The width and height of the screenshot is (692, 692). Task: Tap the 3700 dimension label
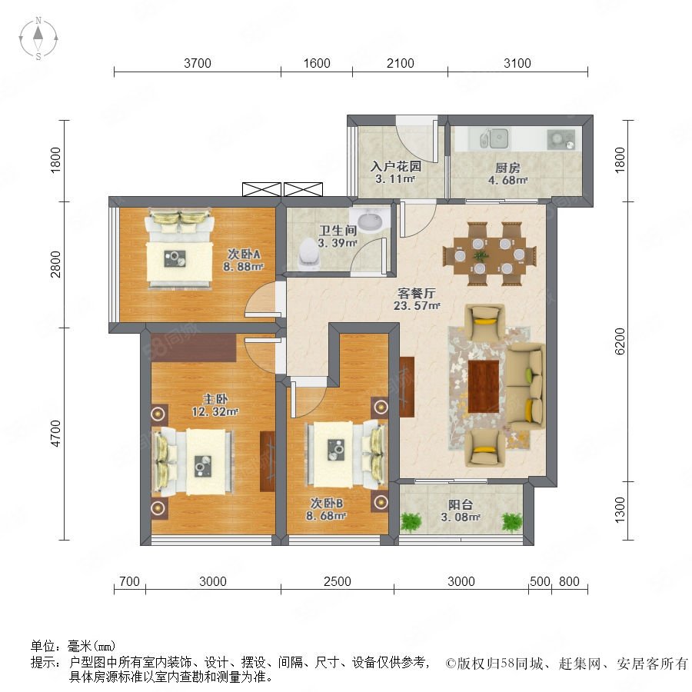tap(197, 64)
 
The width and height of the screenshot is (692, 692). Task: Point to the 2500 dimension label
tap(337, 581)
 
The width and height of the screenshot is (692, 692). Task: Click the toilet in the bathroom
tap(308, 253)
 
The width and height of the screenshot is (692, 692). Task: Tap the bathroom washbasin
tap(370, 221)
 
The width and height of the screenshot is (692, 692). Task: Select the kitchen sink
tap(495, 139)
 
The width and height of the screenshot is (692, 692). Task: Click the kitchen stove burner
tap(559, 139)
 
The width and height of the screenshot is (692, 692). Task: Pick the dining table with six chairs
tap(488, 251)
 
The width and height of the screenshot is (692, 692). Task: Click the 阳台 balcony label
tap(461, 505)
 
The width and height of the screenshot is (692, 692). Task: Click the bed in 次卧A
tap(178, 251)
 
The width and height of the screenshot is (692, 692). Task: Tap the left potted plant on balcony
tap(411, 522)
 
